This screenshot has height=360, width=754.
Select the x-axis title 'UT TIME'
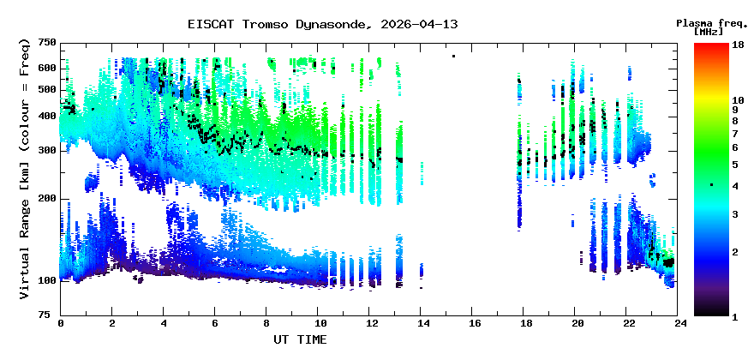(x=300, y=339)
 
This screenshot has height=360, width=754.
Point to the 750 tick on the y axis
(x=46, y=43)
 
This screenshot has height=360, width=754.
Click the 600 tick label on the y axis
(x=46, y=68)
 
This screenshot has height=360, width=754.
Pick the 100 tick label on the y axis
(x=46, y=281)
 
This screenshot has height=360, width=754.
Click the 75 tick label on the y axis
(x=49, y=315)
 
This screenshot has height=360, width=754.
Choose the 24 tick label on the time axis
(x=679, y=323)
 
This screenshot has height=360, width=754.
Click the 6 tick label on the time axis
(x=215, y=323)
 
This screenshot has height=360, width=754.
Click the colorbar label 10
(x=736, y=100)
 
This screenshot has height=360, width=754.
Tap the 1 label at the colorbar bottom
(x=735, y=316)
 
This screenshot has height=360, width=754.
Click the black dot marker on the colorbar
(x=711, y=185)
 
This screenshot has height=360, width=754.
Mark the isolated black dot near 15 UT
(x=453, y=57)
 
